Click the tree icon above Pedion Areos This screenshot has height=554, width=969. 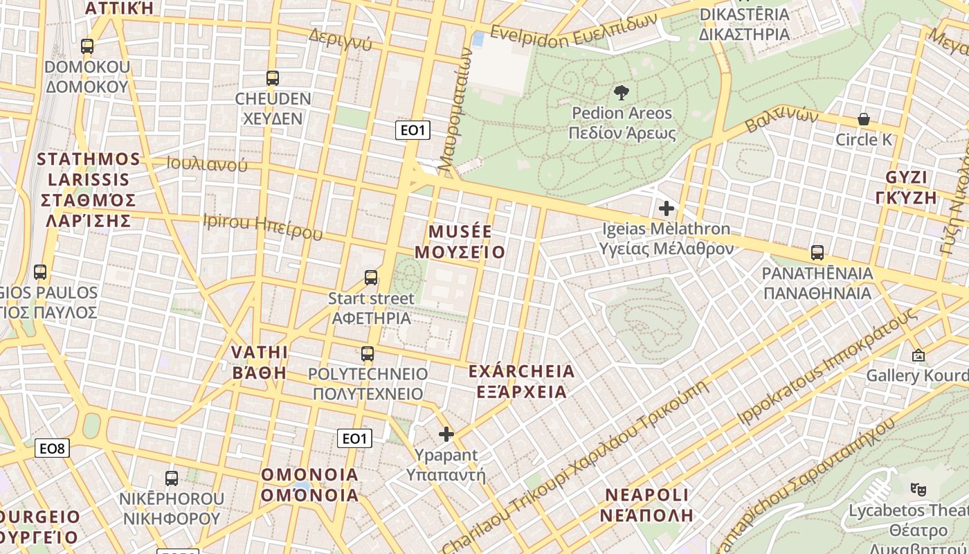[622, 93]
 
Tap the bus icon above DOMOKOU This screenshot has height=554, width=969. [87, 46]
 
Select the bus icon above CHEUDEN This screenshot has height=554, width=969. [273, 78]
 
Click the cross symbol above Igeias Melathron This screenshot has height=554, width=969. [667, 208]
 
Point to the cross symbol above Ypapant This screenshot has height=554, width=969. [446, 434]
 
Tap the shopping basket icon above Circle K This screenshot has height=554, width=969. [864, 119]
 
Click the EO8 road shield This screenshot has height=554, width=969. [52, 449]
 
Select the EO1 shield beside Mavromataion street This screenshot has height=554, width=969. [413, 130]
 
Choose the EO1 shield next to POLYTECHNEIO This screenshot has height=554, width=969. [354, 438]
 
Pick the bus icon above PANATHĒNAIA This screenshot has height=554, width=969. [817, 253]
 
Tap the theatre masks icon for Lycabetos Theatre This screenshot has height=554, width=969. [918, 489]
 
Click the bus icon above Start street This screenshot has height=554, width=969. [371, 278]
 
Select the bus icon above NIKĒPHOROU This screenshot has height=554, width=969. [172, 478]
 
